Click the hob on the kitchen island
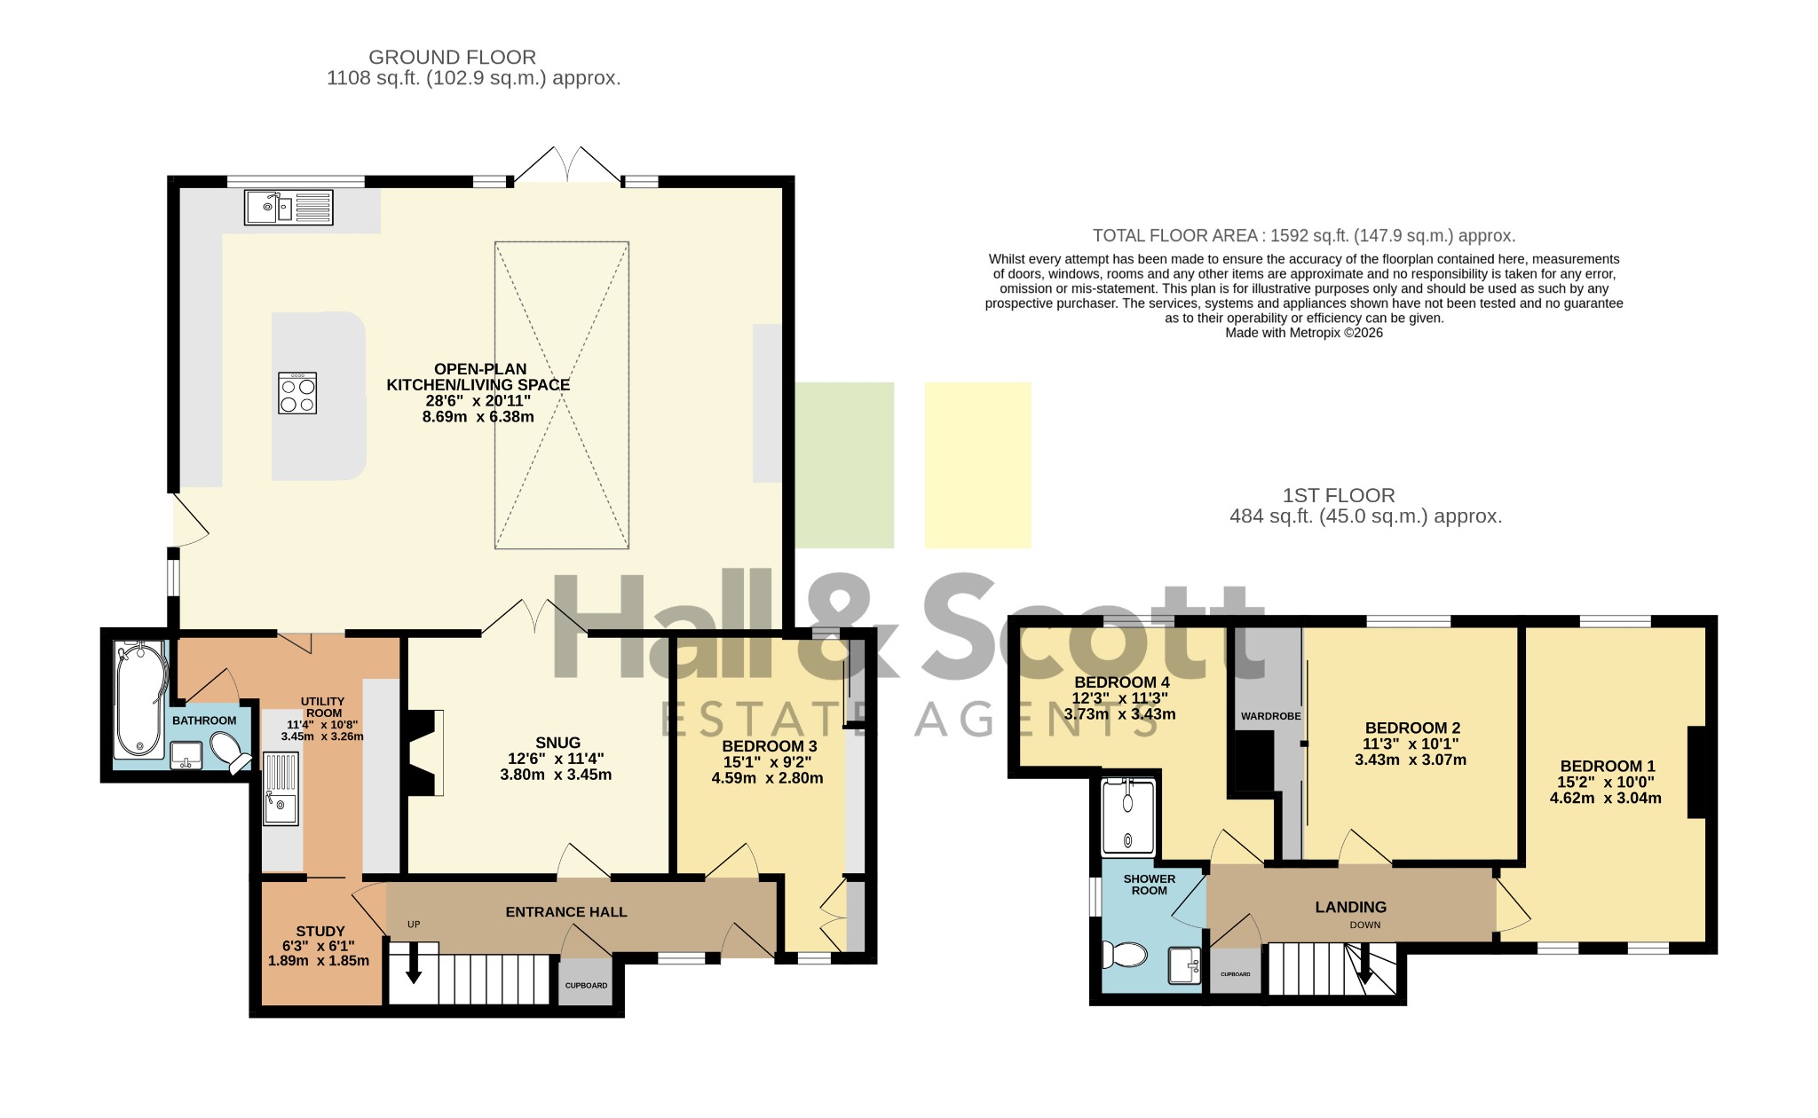(x=297, y=393)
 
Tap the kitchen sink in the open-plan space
(x=289, y=208)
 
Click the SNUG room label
(x=557, y=743)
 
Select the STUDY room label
(x=320, y=931)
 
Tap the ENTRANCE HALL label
(x=566, y=912)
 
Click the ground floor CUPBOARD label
(x=587, y=986)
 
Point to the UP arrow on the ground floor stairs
(x=414, y=964)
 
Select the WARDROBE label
(x=1271, y=716)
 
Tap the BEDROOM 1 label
(x=1608, y=767)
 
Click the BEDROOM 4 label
(x=1122, y=682)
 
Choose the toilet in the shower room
(x=1124, y=955)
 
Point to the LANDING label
(x=1351, y=907)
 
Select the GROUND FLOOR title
(x=452, y=58)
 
